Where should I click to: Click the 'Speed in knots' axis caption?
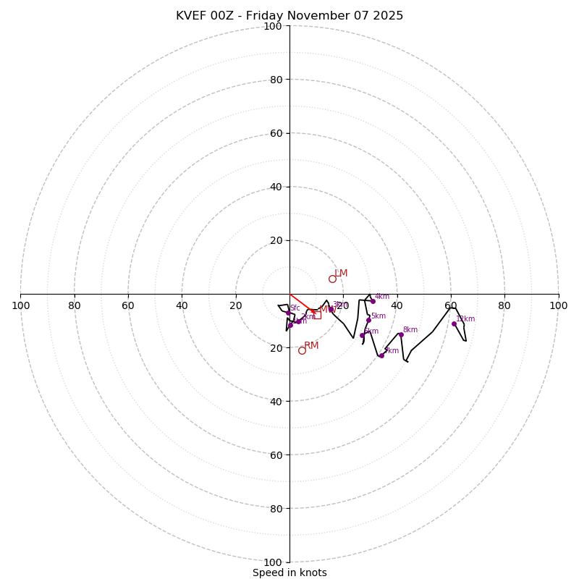tap(289, 572)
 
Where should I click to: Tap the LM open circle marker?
tap(332, 279)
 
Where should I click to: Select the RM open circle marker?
tap(302, 350)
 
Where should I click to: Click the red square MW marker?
tap(317, 315)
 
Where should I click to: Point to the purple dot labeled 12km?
tap(454, 324)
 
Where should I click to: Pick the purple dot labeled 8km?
tap(401, 334)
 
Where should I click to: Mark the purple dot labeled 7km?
tap(381, 355)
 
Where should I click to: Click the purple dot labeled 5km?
tap(368, 320)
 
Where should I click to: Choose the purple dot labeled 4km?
tap(373, 301)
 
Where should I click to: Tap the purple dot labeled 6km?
tap(362, 335)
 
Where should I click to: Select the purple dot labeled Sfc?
tap(288, 313)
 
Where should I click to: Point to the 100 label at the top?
tap(273, 26)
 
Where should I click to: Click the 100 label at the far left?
tap(20, 305)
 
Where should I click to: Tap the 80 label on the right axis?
tap(504, 305)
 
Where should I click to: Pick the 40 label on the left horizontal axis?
tap(182, 305)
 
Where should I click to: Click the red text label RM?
tap(311, 345)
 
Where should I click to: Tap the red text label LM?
tap(341, 273)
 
